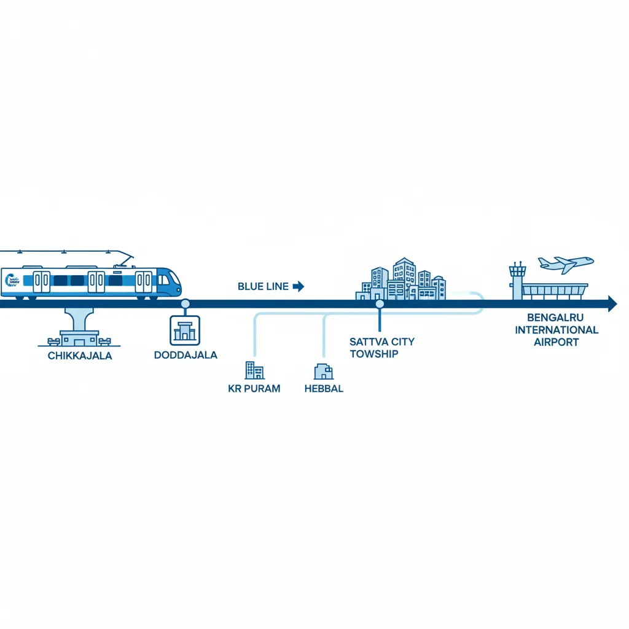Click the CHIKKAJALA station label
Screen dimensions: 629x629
coord(80,356)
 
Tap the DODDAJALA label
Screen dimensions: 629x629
coord(186,355)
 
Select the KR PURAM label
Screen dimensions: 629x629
coord(254,389)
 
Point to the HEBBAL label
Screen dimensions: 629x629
coord(324,389)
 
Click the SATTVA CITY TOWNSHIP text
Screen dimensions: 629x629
coord(382,348)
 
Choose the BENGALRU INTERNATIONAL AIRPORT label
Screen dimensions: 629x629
coord(557,330)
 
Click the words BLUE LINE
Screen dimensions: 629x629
coord(263,286)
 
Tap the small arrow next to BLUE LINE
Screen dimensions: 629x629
coord(299,286)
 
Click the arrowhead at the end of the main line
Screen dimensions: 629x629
coord(612,303)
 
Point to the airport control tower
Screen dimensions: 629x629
coord(517,280)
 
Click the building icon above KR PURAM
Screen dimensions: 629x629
coord(254,370)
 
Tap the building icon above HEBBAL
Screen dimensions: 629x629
coord(324,372)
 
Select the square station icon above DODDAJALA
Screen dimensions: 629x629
coord(185,330)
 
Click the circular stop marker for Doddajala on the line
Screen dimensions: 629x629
coord(186,303)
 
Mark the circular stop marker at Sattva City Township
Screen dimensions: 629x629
coord(380,304)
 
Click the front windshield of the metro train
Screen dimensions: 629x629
coord(174,278)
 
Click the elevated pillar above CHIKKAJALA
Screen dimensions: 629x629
coord(79,319)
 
